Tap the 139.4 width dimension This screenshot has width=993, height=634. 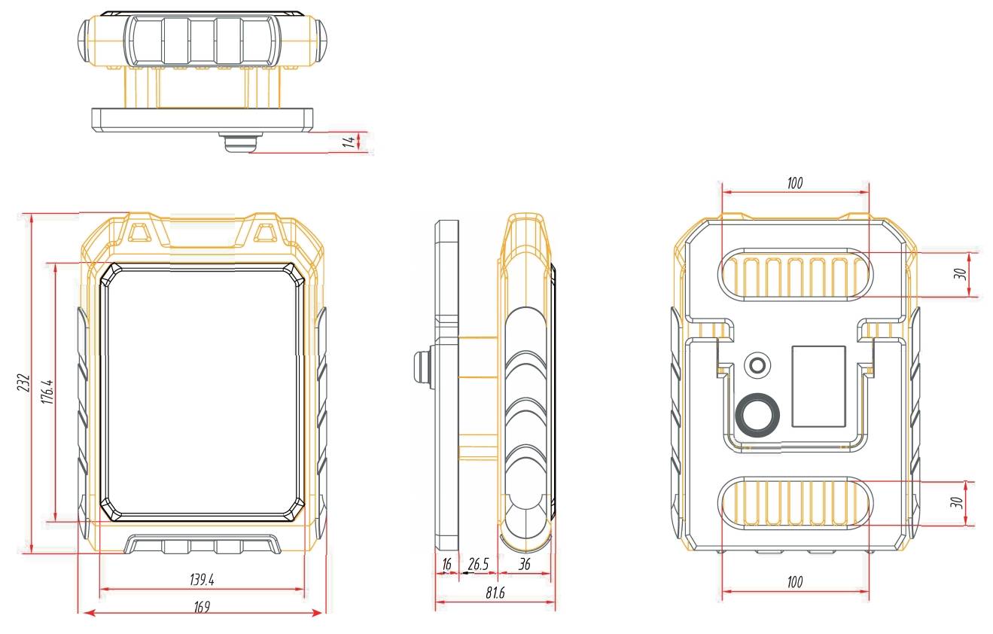(x=202, y=580)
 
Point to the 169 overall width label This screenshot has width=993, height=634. (x=202, y=605)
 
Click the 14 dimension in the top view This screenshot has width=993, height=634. (x=349, y=141)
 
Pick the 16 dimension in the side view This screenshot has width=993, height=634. (x=446, y=564)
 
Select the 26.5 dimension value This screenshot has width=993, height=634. (x=478, y=564)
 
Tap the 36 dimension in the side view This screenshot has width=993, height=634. (x=525, y=564)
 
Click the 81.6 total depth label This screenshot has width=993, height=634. (x=495, y=593)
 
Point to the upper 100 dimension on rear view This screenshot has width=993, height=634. (x=795, y=183)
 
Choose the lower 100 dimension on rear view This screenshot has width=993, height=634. (x=795, y=581)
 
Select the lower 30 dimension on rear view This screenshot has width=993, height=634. (x=958, y=502)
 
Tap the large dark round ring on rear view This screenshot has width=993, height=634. (x=758, y=413)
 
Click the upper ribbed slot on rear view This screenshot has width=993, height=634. (x=795, y=274)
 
